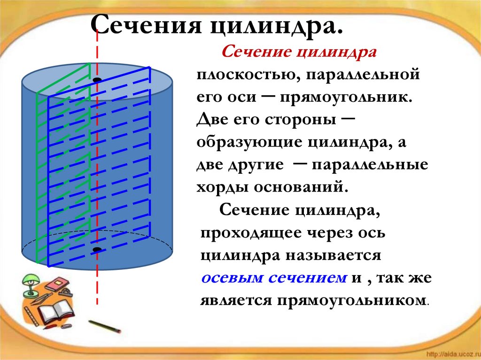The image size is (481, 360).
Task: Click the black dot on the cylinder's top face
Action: tap(97, 81)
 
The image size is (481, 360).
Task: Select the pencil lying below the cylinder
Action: tap(105, 327)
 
